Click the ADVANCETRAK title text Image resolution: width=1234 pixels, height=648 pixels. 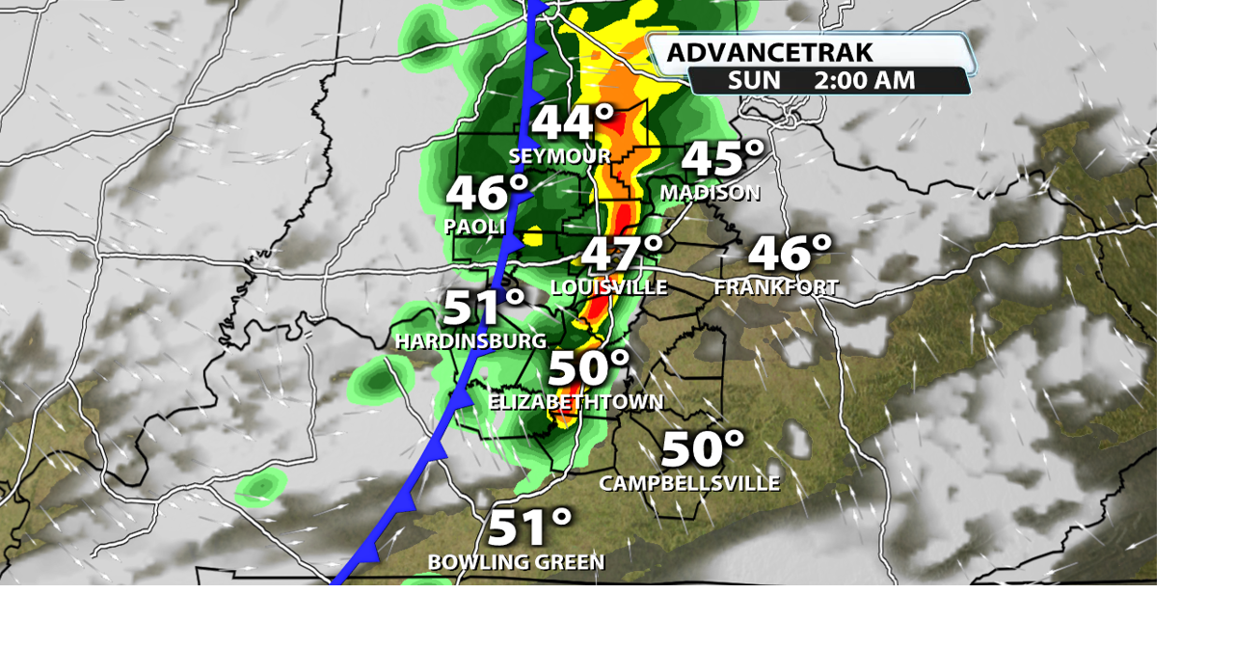pos(769,52)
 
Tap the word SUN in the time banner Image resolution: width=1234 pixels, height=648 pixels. pos(754,80)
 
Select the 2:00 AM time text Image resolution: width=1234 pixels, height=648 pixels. pos(864,80)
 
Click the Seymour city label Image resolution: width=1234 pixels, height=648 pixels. pos(559,156)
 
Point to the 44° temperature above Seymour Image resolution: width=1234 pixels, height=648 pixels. pos(573,123)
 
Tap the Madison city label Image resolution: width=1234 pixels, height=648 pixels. pos(710,193)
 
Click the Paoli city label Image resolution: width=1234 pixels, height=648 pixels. pos(475,227)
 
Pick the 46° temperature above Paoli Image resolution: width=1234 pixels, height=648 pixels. pos(487,194)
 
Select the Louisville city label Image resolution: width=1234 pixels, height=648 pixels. pos(608,287)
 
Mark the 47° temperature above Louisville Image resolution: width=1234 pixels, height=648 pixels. pos(622,255)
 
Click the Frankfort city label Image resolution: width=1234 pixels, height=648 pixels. pos(776,287)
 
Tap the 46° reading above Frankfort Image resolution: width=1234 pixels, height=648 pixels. pos(790,254)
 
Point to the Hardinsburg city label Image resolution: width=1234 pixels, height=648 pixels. pos(470,341)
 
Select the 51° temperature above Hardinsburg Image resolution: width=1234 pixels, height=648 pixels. pos(484,309)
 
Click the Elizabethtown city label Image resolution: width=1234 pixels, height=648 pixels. pos(576,402)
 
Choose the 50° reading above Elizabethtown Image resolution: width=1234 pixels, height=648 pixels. pos(589,369)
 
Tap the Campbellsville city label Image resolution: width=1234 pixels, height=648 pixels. pos(689,483)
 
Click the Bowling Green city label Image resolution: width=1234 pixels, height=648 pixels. pos(516,562)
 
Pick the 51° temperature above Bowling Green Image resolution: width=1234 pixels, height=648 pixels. pos(529,528)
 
